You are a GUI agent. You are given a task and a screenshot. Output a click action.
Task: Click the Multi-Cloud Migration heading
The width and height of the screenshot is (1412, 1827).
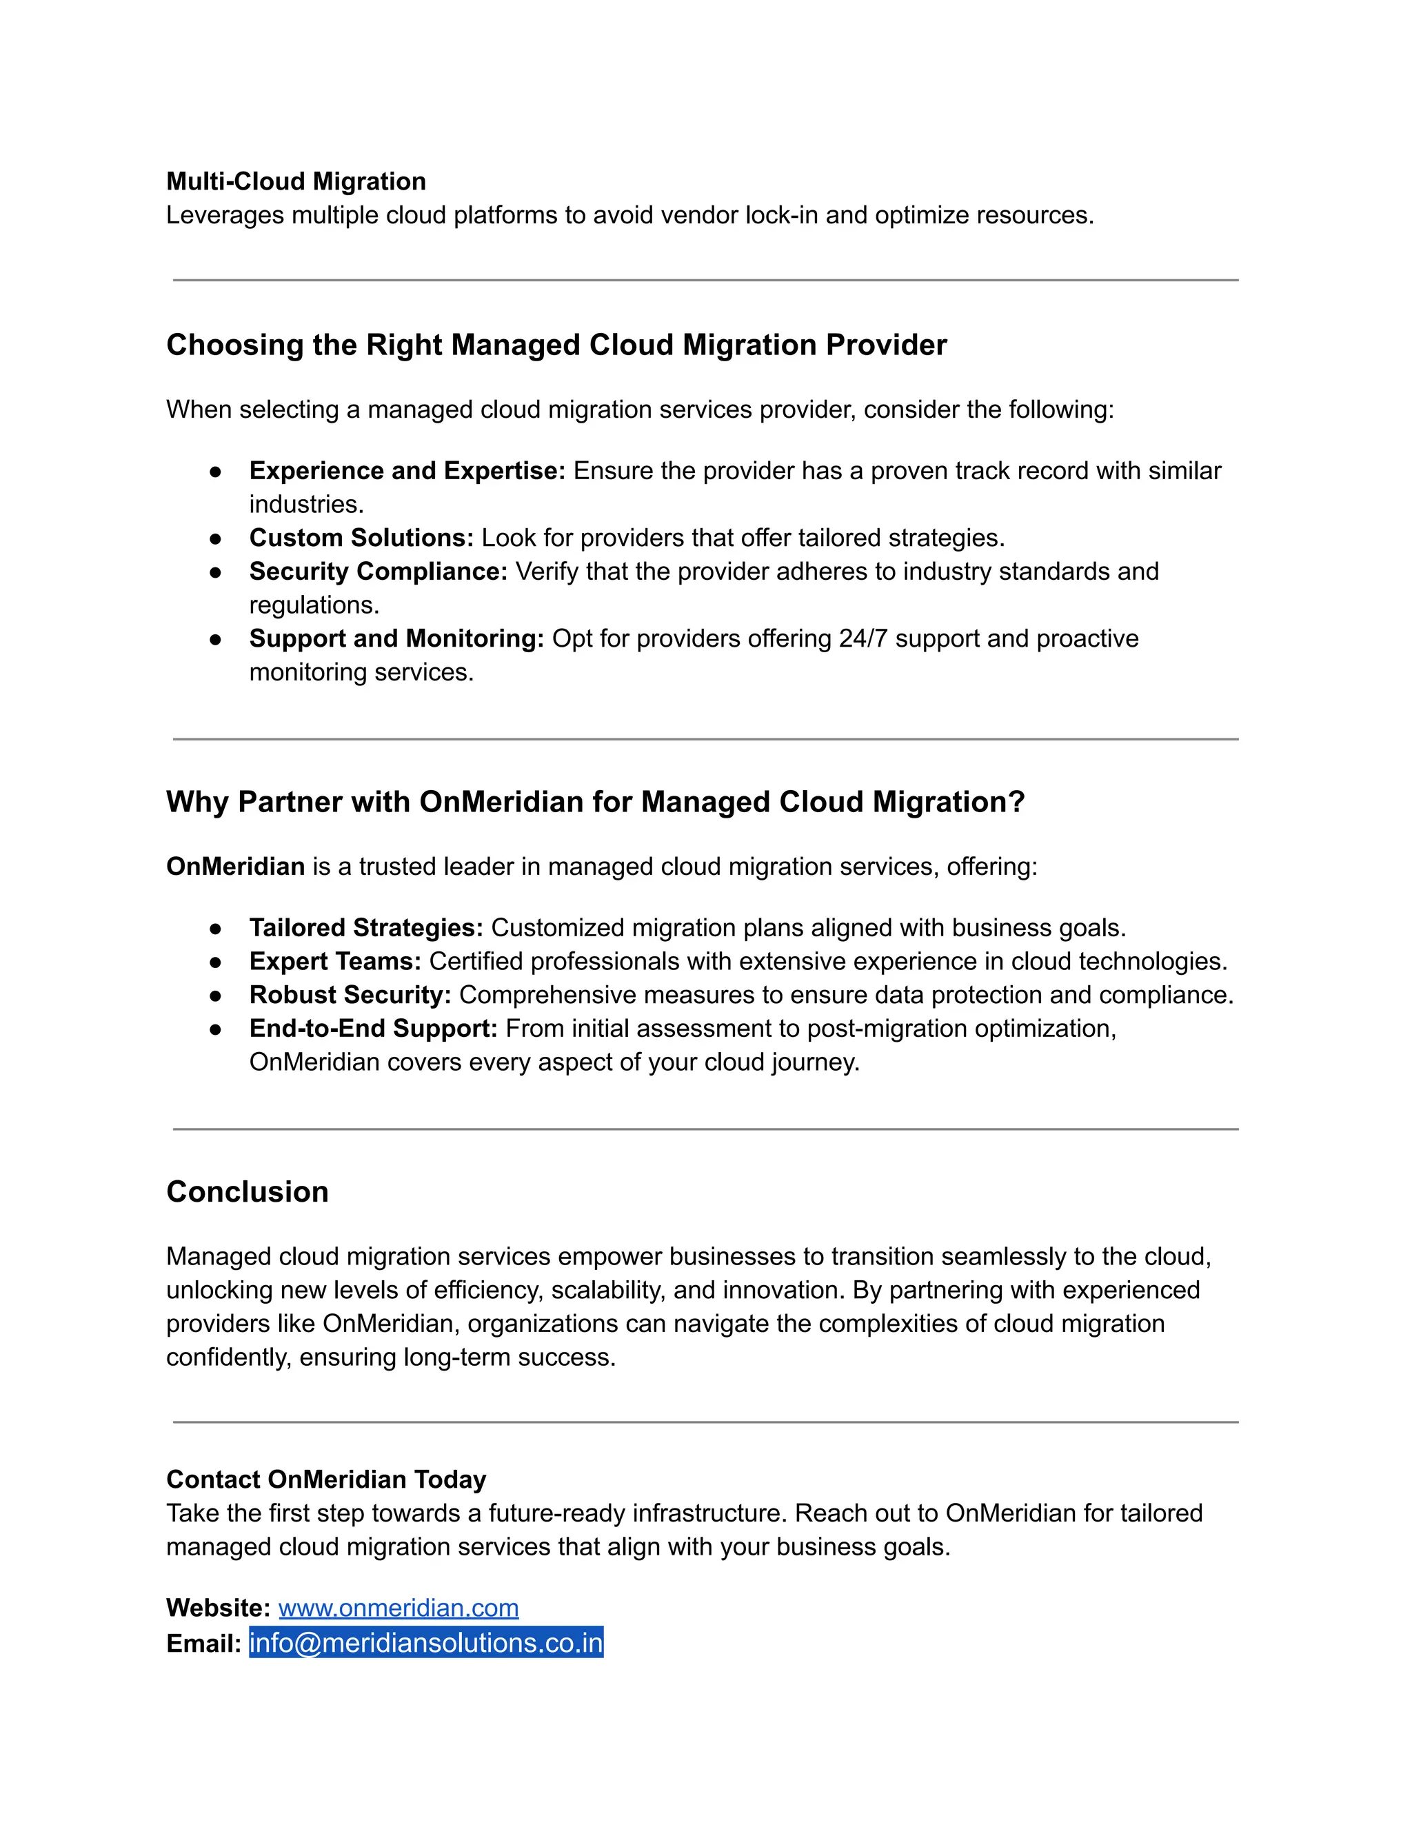pos(296,181)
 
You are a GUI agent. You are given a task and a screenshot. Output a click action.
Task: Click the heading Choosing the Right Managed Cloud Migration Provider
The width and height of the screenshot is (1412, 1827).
pos(556,345)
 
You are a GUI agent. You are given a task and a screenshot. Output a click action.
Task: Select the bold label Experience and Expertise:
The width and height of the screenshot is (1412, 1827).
pos(407,471)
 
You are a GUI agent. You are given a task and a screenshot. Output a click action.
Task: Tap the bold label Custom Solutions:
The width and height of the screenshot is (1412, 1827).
pos(361,538)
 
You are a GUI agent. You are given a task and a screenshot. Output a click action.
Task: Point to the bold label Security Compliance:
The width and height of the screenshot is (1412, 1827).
pos(378,572)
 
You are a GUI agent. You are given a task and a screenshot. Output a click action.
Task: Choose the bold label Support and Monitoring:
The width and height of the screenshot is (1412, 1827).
pos(396,638)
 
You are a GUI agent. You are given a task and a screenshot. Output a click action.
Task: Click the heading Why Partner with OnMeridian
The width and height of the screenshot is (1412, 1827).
pos(595,801)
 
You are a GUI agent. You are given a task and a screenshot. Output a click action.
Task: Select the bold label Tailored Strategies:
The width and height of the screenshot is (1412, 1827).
pos(366,928)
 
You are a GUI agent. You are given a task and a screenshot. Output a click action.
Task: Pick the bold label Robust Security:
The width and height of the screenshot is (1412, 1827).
pos(350,995)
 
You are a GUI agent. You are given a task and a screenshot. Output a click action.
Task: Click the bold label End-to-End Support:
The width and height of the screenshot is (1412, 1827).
pos(373,1028)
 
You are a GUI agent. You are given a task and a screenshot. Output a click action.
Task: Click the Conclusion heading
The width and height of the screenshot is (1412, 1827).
pos(248,1191)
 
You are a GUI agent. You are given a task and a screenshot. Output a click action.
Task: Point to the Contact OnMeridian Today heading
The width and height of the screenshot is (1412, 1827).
pos(326,1479)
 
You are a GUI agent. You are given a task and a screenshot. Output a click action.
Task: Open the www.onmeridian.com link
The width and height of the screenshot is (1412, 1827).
pos(399,1608)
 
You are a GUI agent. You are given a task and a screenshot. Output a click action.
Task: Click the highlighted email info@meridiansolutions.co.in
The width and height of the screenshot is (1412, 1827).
pos(426,1643)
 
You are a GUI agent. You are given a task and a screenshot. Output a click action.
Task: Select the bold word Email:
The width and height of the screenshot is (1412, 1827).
pos(203,1644)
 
